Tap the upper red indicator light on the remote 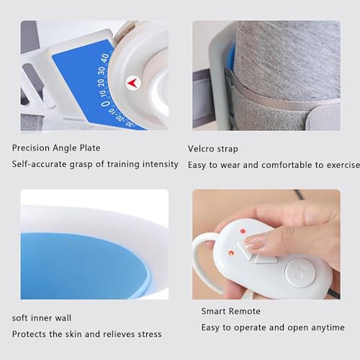coord(243,232)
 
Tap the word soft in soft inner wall coord(21,318)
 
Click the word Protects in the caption coord(30,334)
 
